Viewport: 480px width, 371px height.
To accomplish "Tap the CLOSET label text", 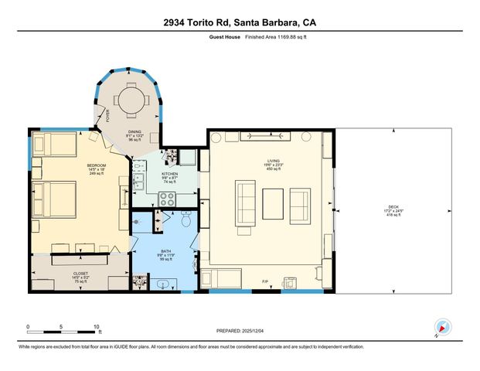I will [x=80, y=273].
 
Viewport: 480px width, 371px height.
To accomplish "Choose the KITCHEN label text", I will [x=170, y=174].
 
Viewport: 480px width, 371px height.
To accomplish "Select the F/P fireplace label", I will [x=265, y=281].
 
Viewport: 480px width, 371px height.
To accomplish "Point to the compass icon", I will [x=441, y=328].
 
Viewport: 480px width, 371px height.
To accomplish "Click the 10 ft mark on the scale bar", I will [x=97, y=327].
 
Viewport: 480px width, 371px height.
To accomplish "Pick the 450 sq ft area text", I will [x=263, y=168].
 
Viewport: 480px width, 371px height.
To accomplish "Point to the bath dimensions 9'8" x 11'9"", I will [x=165, y=255].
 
